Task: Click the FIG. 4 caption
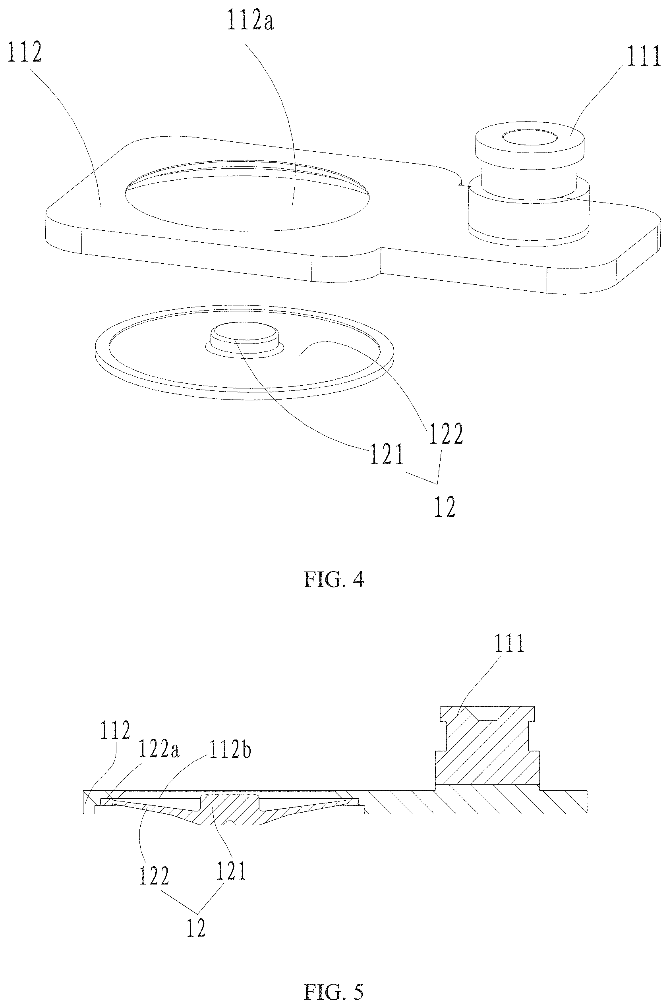pos(334,579)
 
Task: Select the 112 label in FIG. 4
pos(24,53)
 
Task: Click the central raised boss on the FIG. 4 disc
pos(244,336)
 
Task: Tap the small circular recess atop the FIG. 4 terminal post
pos(530,137)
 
